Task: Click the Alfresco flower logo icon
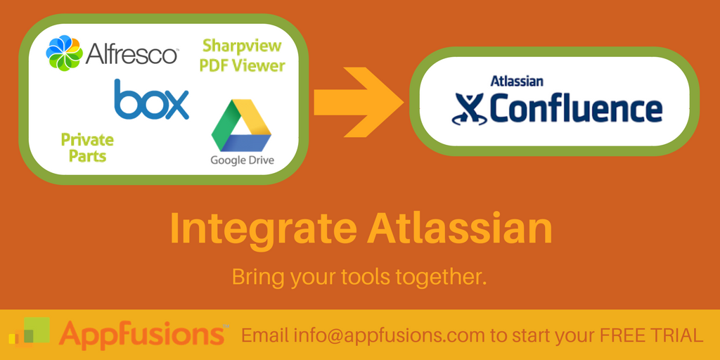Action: point(64,53)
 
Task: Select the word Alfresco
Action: point(132,53)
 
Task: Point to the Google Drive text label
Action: point(242,160)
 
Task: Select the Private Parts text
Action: point(87,147)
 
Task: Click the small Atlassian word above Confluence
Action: point(516,81)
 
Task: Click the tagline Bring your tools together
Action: point(359,276)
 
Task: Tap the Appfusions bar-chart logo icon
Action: point(30,333)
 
